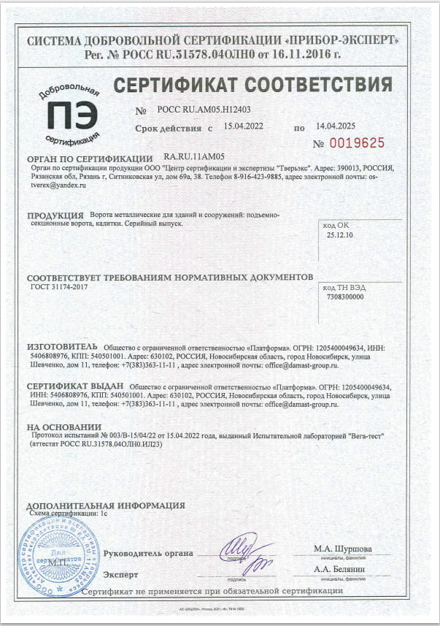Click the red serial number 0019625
pos(358,142)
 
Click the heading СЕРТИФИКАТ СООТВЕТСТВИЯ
pos(252,83)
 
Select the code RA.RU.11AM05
pos(194,157)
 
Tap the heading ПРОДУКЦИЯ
pos(55,216)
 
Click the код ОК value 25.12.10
pos(340,236)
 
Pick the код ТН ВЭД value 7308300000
pos(346,297)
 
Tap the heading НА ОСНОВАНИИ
pos(63,427)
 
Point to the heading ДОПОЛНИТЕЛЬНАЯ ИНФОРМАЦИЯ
pos(105,505)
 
